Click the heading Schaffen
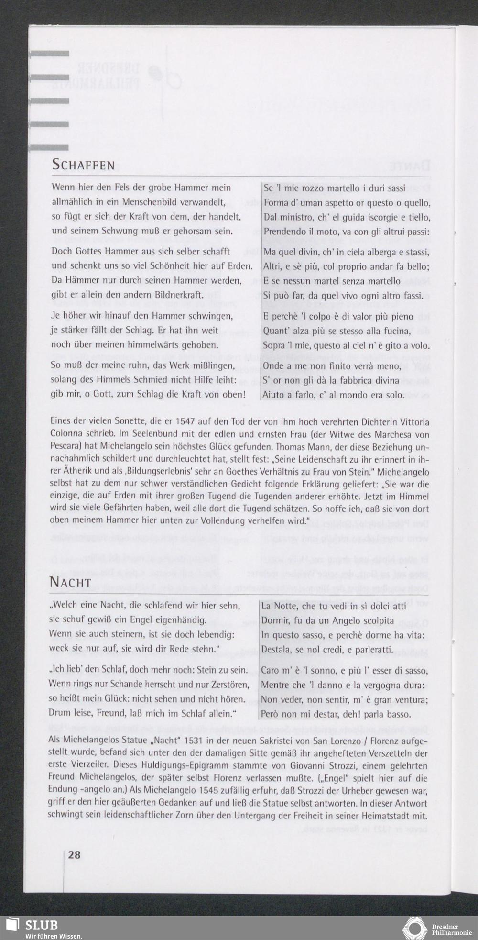pos(83,166)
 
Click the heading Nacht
pos(70,583)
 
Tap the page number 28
pos(74,855)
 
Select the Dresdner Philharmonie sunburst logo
pos(414,928)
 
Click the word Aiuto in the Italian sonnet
pos(274,396)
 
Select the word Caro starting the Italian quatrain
pos(271,671)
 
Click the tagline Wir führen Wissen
pos(54,935)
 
